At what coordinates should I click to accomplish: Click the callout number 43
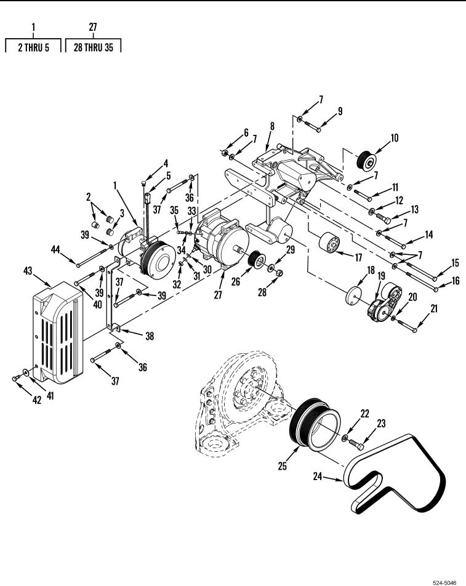(28, 271)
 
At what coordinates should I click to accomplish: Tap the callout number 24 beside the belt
(318, 476)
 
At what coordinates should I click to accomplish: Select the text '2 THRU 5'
(34, 47)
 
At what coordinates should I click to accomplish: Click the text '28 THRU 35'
(94, 47)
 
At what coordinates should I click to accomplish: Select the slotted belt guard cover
(58, 332)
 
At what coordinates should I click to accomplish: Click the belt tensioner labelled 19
(385, 303)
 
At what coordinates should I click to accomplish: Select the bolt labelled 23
(356, 444)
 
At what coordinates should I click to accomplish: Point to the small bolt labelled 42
(16, 378)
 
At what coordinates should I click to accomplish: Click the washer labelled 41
(26, 372)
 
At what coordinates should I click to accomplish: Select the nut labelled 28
(278, 273)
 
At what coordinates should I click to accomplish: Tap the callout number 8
(272, 126)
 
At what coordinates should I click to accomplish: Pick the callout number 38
(150, 336)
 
